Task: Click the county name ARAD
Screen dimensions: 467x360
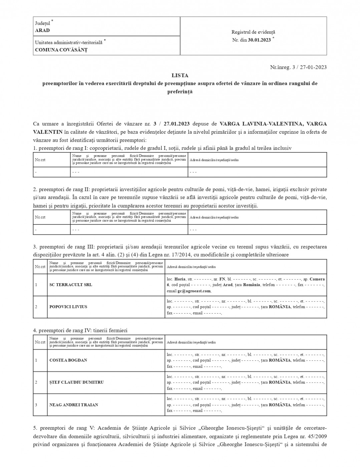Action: pos(42,30)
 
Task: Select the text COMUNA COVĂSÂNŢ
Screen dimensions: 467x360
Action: pos(61,50)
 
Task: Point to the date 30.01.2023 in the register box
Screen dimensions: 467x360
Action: pos(259,40)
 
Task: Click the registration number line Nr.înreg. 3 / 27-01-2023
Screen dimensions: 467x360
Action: pos(298,67)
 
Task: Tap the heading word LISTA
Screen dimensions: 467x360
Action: pos(180,76)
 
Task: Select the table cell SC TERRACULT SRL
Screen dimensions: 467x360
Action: pos(71,285)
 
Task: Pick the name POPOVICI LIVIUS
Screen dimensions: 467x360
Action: pos(68,307)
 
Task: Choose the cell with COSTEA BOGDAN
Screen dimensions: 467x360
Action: pos(68,360)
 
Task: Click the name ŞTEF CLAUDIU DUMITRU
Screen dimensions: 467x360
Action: pos(76,382)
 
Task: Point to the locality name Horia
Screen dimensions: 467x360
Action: pos(180,279)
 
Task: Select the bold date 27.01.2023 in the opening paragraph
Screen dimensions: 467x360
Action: pos(177,124)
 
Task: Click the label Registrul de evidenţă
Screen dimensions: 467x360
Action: pos(253,32)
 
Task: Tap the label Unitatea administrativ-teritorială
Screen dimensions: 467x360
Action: pos(69,43)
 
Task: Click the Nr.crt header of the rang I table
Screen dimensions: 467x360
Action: pos(40,160)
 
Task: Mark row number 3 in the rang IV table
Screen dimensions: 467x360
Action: pos(36,405)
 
